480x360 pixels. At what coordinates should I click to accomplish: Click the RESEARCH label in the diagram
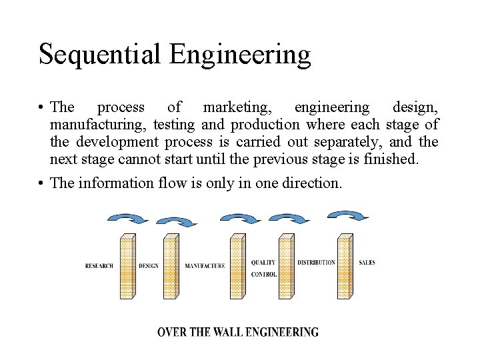tap(99, 266)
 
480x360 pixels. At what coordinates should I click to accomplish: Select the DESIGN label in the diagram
tap(149, 266)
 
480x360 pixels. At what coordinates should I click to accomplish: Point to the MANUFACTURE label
tap(205, 266)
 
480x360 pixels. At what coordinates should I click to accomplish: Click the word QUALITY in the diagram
tap(263, 263)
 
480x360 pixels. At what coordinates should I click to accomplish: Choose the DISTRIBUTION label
tap(316, 263)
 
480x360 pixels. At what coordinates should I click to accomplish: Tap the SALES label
tap(367, 263)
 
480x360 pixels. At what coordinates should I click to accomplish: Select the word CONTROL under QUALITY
tap(264, 275)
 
